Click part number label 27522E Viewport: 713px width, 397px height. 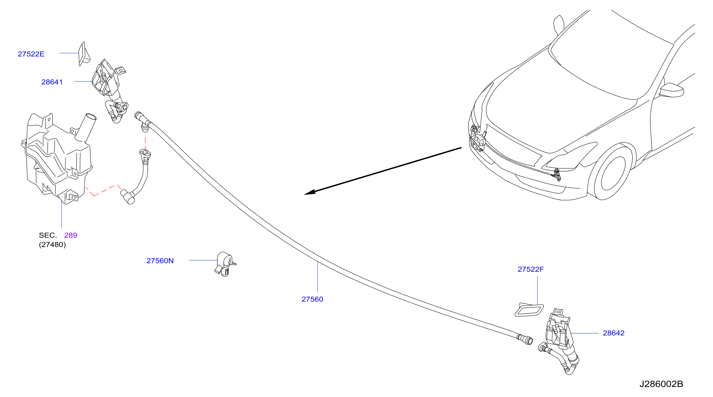(31, 54)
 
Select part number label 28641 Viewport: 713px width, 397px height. (52, 82)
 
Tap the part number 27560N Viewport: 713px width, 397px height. (160, 261)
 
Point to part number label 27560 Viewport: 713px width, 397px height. (312, 299)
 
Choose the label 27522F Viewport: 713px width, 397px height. (530, 269)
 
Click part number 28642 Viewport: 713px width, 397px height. (614, 333)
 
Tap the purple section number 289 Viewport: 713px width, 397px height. (71, 235)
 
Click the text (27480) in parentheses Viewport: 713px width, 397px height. (52, 245)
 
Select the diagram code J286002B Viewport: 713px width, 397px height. (661, 384)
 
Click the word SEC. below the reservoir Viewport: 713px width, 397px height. (48, 235)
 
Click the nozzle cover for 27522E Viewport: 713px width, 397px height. (84, 54)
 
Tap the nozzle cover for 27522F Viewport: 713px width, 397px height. (529, 310)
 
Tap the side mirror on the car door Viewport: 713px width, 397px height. (672, 90)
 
